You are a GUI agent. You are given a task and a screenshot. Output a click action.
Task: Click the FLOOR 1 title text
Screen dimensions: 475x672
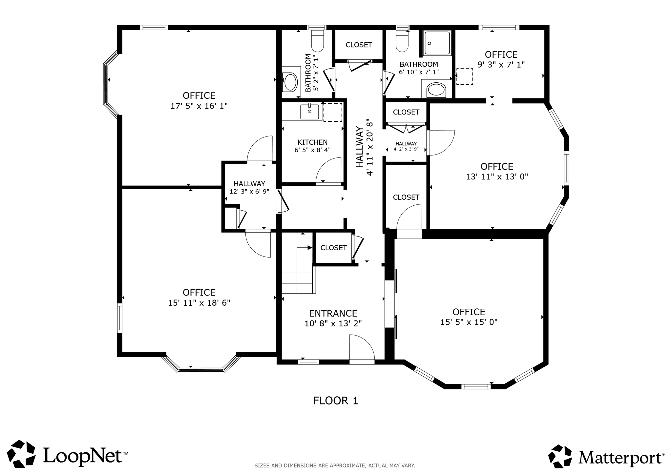coord(335,401)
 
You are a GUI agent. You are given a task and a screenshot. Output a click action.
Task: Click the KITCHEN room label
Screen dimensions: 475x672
coord(312,142)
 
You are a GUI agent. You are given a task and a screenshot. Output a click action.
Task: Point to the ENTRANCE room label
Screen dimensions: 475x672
coord(333,313)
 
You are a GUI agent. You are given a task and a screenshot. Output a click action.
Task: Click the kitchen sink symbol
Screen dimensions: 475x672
coord(309,112)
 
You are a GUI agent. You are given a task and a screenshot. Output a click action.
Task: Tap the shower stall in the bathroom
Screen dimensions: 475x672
coord(437,43)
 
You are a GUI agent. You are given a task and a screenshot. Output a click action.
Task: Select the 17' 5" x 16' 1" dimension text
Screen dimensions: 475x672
coord(199,106)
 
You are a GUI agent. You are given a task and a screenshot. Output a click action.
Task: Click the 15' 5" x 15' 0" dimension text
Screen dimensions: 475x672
coord(469,322)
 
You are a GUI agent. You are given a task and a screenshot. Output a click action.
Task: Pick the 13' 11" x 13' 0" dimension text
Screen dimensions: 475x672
coord(497,176)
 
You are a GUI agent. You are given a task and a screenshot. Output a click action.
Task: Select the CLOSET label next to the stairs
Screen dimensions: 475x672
coord(333,248)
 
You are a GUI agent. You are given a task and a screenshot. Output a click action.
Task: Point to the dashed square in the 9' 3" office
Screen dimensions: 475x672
coord(465,76)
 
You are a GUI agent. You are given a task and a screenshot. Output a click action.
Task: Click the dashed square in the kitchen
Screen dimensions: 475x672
coord(333,112)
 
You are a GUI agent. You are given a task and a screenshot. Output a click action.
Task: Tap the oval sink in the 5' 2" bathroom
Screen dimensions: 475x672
coord(290,82)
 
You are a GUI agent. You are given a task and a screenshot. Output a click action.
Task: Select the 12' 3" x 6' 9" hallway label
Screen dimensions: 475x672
coord(249,191)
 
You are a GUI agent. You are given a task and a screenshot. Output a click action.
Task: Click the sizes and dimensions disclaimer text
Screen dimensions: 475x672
coord(335,465)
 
